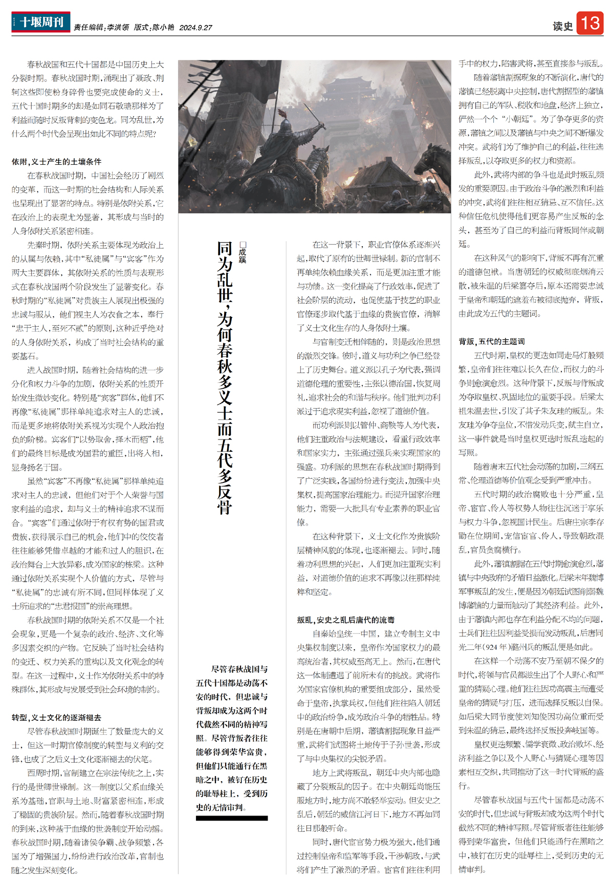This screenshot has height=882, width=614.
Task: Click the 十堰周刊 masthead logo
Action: click(41, 22)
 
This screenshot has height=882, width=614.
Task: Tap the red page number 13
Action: click(590, 23)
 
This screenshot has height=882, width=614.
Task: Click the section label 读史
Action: click(562, 26)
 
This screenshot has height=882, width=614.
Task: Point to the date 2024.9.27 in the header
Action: click(195, 28)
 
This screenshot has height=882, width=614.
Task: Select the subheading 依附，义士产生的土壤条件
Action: click(57, 162)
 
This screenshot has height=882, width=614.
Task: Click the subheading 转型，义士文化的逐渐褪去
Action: click(57, 718)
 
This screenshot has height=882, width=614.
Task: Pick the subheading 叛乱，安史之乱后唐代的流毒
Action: click(346, 620)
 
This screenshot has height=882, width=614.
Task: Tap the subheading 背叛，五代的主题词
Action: click(492, 342)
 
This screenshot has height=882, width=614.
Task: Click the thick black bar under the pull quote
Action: click(232, 818)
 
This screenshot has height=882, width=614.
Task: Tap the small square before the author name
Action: click(243, 245)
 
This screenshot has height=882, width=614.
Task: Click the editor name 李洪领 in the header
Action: click(118, 28)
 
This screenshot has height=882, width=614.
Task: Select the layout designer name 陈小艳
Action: click(163, 28)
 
